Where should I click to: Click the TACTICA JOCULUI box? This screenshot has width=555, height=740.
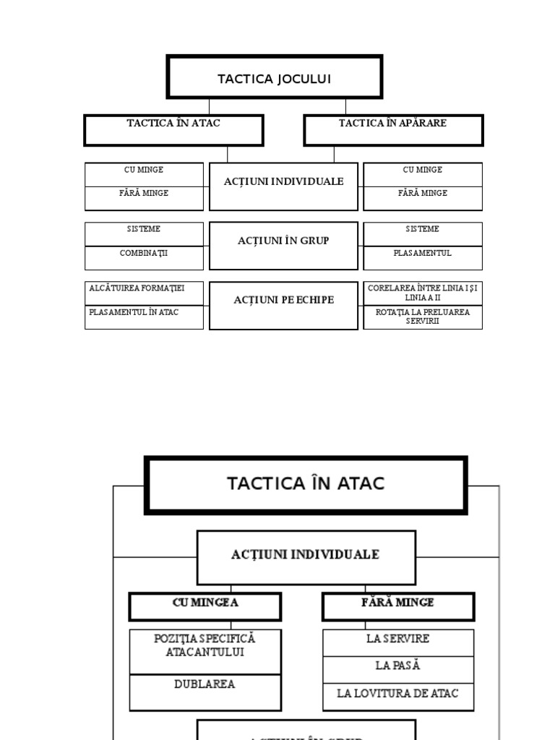(x=275, y=77)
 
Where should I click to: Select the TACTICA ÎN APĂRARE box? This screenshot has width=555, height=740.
(x=393, y=130)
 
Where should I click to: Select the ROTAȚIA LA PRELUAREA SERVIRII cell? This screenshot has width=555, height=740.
(x=423, y=317)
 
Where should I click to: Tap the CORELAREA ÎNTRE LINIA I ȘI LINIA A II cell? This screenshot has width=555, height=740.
(x=423, y=293)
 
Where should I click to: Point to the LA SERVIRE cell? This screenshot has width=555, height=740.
(x=398, y=642)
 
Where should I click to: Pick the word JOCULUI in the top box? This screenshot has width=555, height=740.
(x=302, y=79)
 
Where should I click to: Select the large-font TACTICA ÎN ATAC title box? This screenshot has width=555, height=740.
(x=306, y=485)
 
